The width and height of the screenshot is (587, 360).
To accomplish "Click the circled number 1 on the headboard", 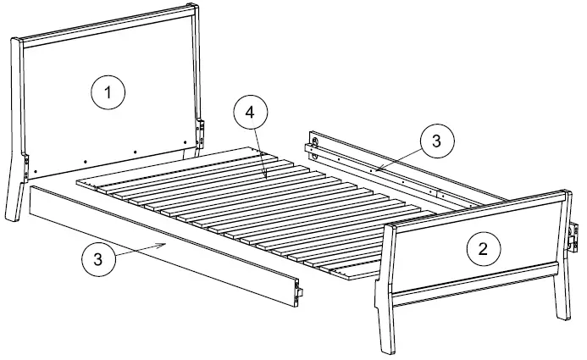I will click(108, 91).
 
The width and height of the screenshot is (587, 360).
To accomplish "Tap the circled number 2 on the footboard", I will click(483, 248).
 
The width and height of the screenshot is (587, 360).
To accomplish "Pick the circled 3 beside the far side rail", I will click(435, 141).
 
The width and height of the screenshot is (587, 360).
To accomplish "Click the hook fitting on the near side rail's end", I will click(298, 291).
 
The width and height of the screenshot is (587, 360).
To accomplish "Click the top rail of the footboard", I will click(474, 210).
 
